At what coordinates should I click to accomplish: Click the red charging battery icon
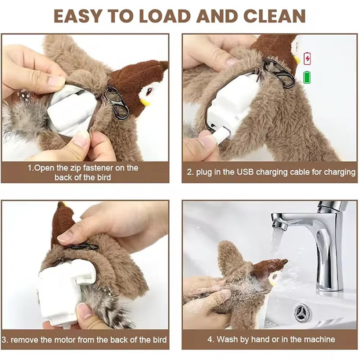tap(307, 58)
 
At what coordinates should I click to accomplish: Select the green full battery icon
tap(307, 77)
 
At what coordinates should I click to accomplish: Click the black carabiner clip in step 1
tap(116, 102)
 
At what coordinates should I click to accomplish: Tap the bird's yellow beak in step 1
tap(145, 102)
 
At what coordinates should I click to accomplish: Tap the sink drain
tap(302, 312)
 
